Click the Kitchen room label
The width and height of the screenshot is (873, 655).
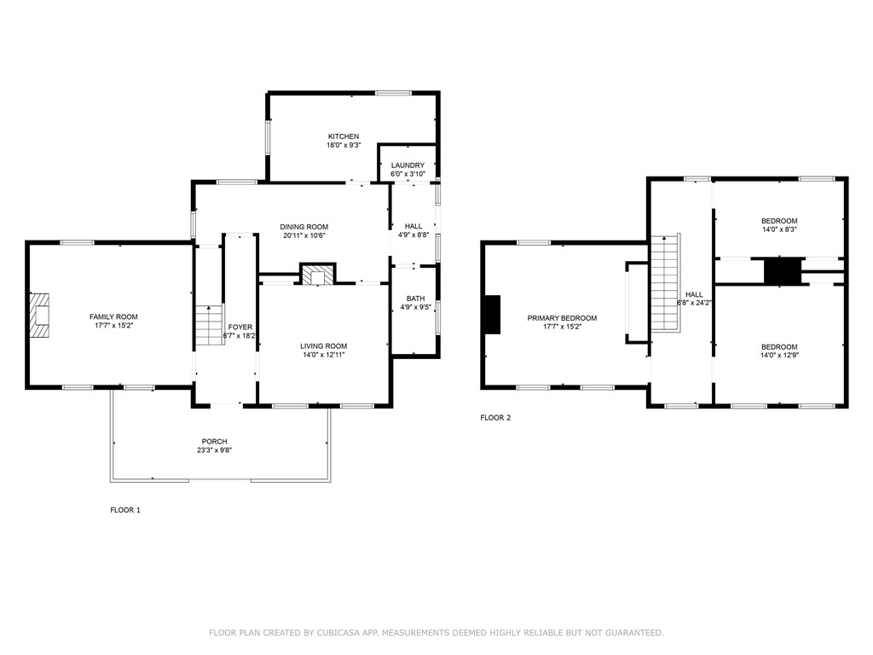click(344, 136)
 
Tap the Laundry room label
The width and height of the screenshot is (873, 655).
click(408, 165)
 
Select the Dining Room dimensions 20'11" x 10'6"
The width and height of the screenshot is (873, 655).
click(304, 236)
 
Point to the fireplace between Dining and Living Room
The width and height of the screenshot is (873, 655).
click(318, 275)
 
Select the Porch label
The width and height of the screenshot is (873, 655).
click(214, 441)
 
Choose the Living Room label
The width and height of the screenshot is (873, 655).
click(323, 345)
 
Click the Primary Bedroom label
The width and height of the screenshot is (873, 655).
click(562, 318)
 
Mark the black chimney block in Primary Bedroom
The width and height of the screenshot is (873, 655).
click(492, 315)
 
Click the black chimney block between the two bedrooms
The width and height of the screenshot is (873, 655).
click(782, 271)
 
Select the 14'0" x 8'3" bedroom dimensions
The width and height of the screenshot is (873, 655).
click(779, 230)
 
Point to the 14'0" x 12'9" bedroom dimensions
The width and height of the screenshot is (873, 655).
click(779, 356)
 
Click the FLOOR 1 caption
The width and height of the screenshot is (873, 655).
click(124, 510)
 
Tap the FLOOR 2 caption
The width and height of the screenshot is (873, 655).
click(495, 418)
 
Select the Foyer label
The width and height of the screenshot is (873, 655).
click(240, 327)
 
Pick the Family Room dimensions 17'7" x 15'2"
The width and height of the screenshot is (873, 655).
click(113, 326)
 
